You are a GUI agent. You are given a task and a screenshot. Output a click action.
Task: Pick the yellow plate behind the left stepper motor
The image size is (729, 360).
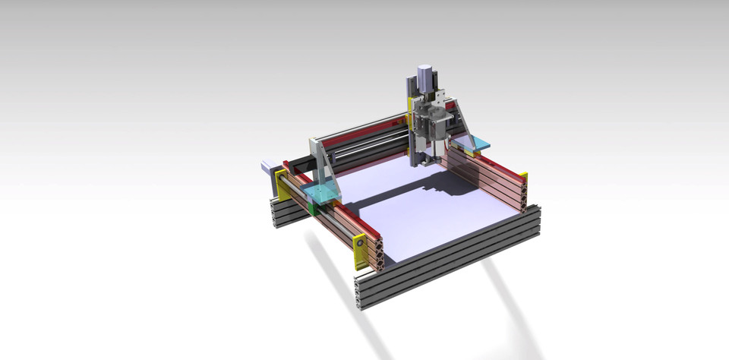tap(282, 187)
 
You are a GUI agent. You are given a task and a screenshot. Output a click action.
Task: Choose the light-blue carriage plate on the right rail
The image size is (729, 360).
tap(475, 143)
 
